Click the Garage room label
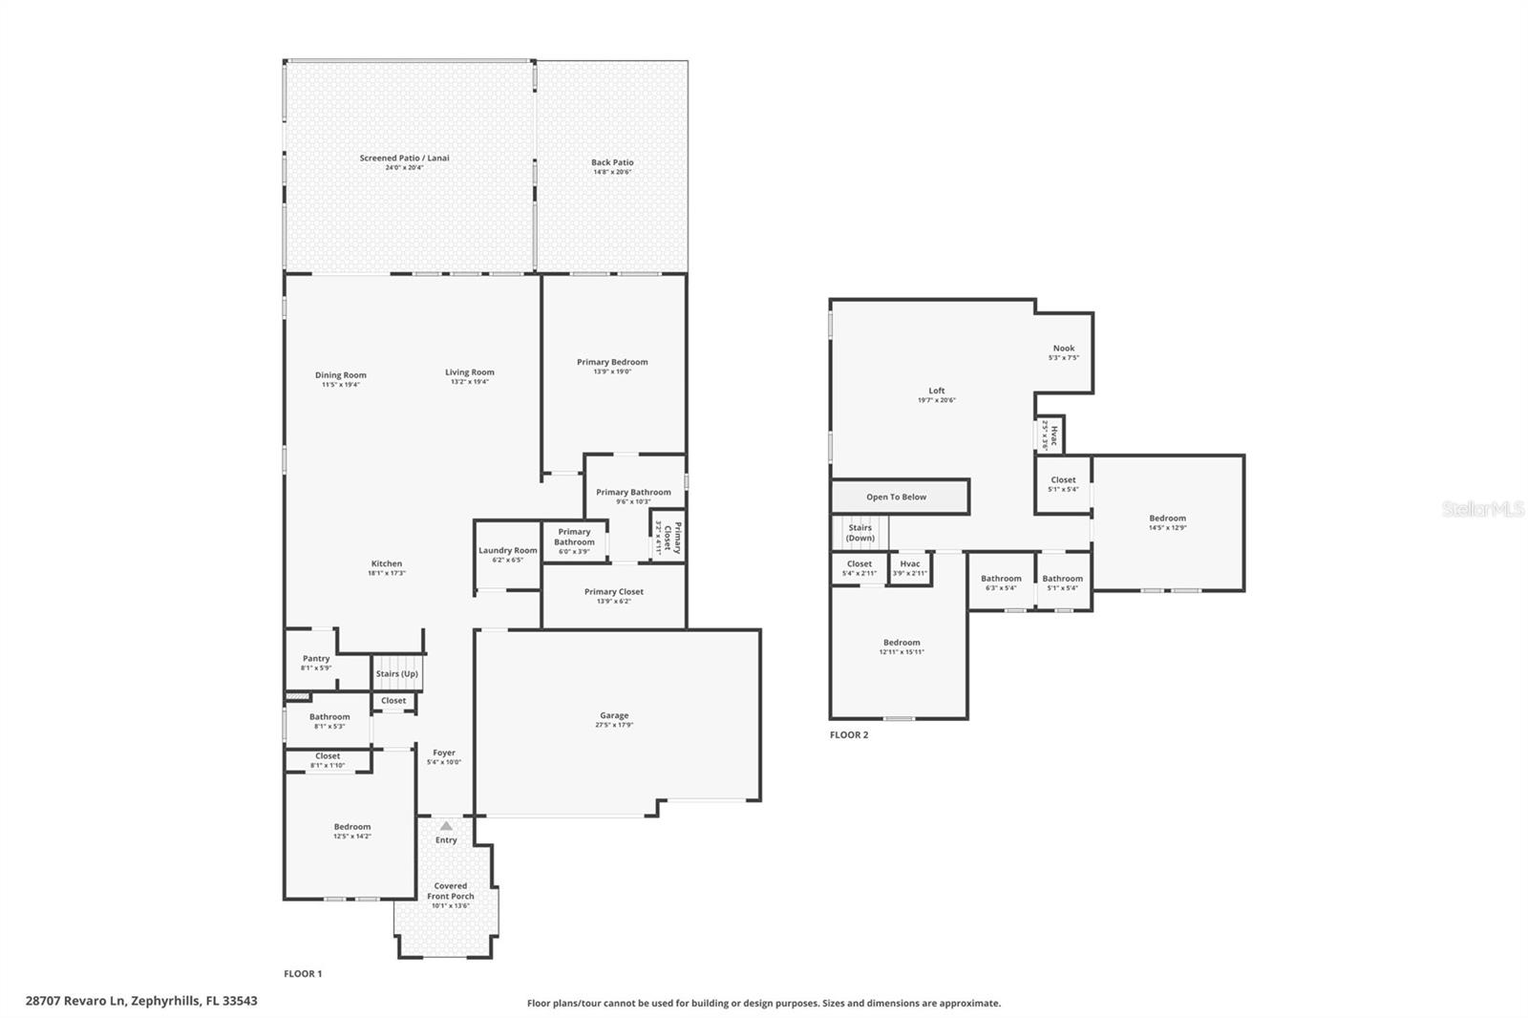pyautogui.click(x=614, y=715)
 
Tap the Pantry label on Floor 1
pyautogui.click(x=316, y=659)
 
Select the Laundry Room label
pyautogui.click(x=508, y=550)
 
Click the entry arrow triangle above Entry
pyautogui.click(x=446, y=825)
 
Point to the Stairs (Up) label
pyautogui.click(x=397, y=674)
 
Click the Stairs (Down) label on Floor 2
pyautogui.click(x=860, y=533)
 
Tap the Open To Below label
pyautogui.click(x=896, y=498)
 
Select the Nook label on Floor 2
pyautogui.click(x=1064, y=349)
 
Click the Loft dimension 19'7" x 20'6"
pyautogui.click(x=936, y=401)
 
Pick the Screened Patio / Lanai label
pyautogui.click(x=404, y=159)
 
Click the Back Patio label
pyautogui.click(x=612, y=163)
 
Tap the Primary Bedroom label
pyautogui.click(x=612, y=362)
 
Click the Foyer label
pyautogui.click(x=444, y=753)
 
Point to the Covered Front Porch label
pyautogui.click(x=451, y=891)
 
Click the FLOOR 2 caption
pyautogui.click(x=849, y=735)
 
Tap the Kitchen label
pyautogui.click(x=387, y=563)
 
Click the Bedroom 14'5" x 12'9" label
pyautogui.click(x=1167, y=519)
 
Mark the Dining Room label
pyautogui.click(x=341, y=375)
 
